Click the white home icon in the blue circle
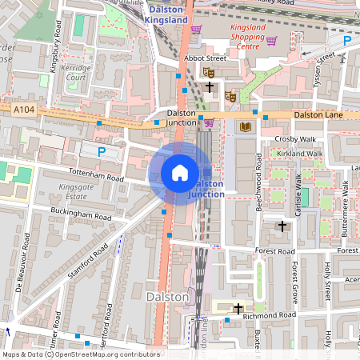180,173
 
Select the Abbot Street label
182,58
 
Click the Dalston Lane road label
318,115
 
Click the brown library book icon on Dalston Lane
245,126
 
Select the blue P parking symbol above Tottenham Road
101,150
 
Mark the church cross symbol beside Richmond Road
238,307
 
